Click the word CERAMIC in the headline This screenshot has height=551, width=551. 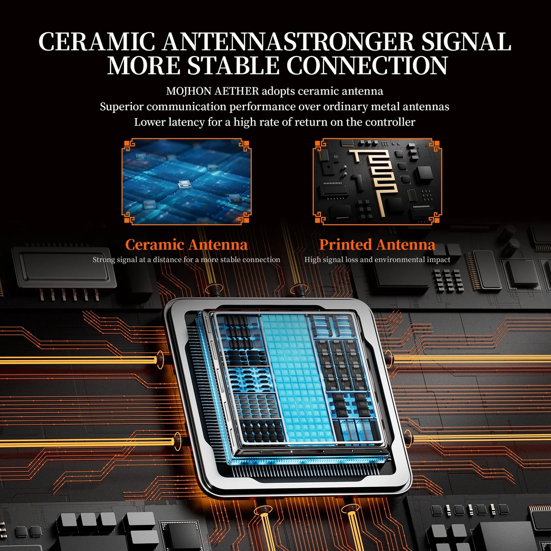pyautogui.click(x=96, y=42)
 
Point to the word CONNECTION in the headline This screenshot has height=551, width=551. pyautogui.click(x=367, y=66)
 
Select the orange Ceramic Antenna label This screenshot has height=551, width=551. pyautogui.click(x=186, y=245)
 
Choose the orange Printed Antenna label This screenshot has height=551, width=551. pyautogui.click(x=377, y=245)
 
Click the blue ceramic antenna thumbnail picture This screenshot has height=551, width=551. pyautogui.click(x=186, y=182)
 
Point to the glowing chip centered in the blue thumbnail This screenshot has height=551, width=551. pyautogui.click(x=183, y=184)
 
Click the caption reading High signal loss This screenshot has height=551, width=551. pyautogui.click(x=377, y=260)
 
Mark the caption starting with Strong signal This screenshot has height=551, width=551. pyautogui.click(x=186, y=260)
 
